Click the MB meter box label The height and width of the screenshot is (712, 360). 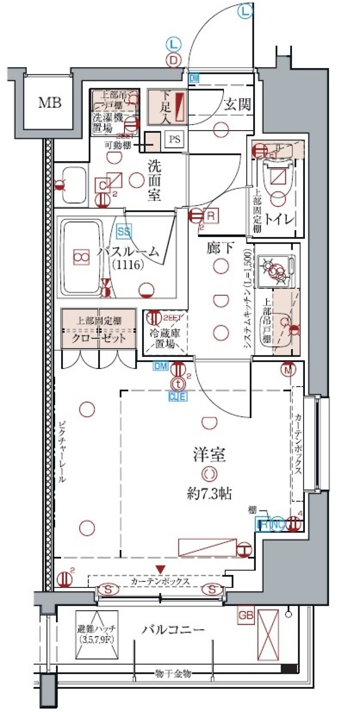tap(49, 102)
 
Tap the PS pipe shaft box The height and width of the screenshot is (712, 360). tap(174, 140)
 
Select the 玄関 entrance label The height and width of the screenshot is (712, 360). tap(237, 105)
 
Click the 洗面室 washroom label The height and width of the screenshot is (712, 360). tap(154, 180)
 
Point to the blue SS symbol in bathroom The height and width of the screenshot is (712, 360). tap(124, 231)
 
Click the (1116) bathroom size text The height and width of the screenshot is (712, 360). tap(128, 264)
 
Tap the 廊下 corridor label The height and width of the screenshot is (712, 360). tap(220, 248)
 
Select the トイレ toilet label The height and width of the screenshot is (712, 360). tap(279, 219)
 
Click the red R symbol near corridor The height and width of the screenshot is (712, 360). tap(211, 216)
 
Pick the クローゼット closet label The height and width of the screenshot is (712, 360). tap(99, 338)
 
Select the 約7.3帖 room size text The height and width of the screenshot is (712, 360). tap(209, 494)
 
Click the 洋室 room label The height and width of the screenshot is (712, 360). tap(209, 455)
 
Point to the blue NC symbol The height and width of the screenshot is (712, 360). tap(277, 524)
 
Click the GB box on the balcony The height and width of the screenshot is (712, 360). tap(246, 615)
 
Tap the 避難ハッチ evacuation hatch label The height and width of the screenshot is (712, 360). tap(97, 634)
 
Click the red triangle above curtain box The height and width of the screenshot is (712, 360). tap(160, 570)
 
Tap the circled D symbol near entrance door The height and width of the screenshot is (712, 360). tap(173, 60)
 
